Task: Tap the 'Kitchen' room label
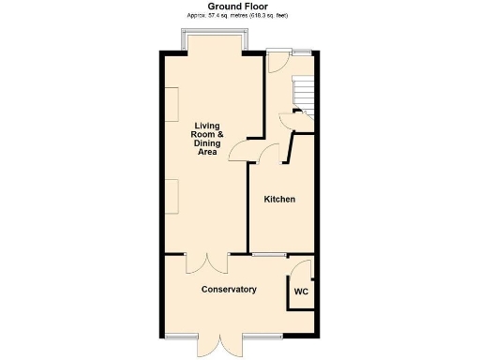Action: [x=279, y=200]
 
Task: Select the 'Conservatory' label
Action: [x=229, y=290]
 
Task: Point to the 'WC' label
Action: [x=301, y=292]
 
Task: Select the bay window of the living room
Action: [x=217, y=40]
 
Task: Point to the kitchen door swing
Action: [x=269, y=154]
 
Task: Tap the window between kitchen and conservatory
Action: [x=268, y=254]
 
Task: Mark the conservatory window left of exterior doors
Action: [x=182, y=336]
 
